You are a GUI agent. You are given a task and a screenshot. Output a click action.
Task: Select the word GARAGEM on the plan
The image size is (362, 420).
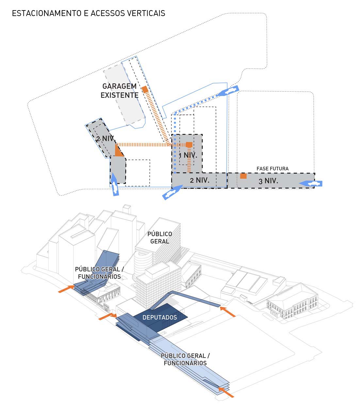pyautogui.click(x=119, y=86)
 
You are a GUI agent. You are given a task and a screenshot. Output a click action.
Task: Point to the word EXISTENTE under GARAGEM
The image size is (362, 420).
pyautogui.click(x=119, y=95)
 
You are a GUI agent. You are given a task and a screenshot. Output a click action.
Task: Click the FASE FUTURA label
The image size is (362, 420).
pyautogui.click(x=272, y=169)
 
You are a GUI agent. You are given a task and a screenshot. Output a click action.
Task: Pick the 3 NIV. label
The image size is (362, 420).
pyautogui.click(x=268, y=181)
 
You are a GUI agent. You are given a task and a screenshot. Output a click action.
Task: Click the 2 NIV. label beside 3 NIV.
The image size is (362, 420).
pyautogui.click(x=200, y=180)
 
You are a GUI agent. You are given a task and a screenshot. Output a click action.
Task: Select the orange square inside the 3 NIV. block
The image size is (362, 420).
pyautogui.click(x=243, y=176)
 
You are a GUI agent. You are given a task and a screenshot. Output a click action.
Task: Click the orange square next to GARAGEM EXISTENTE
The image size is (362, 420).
pyautogui.click(x=145, y=89)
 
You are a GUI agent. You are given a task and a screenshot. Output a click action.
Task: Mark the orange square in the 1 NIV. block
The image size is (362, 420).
pyautogui.click(x=189, y=145)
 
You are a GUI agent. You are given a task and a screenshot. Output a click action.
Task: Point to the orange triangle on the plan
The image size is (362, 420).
pyautogui.click(x=118, y=152)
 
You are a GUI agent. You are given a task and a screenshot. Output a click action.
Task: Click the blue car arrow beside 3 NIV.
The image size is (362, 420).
pyautogui.click(x=311, y=184)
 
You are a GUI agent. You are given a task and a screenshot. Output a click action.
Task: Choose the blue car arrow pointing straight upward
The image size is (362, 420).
pyautogui.click(x=115, y=185)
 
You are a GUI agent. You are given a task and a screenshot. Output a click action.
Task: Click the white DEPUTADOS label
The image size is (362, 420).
pyautogui.click(x=160, y=317)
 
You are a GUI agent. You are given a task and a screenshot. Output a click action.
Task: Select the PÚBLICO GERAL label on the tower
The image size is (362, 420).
pyautogui.click(x=159, y=237)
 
